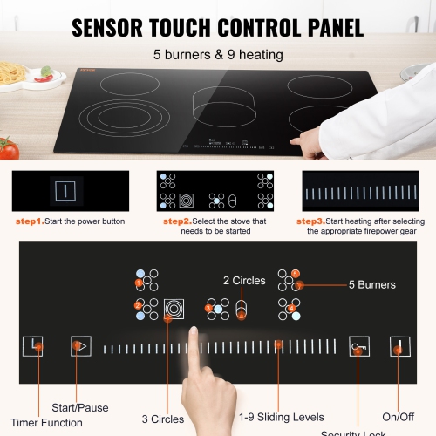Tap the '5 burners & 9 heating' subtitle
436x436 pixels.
217,56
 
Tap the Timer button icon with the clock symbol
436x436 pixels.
33,346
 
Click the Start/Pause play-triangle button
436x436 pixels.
80,346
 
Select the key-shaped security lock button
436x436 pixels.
359,346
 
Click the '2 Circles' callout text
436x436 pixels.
243,281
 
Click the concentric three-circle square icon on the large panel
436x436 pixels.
174,308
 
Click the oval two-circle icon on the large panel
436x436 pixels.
242,308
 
